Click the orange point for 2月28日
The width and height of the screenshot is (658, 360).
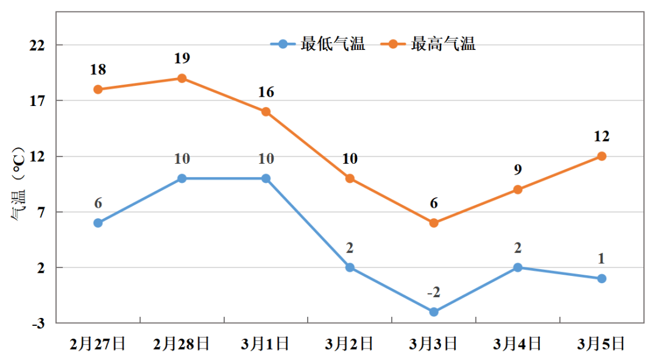pyautogui.click(x=182, y=79)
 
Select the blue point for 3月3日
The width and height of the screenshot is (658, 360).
pyautogui.click(x=434, y=312)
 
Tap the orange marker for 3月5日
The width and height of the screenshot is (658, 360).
pyautogui.click(x=601, y=157)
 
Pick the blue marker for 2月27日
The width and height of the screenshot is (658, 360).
pyautogui.click(x=98, y=223)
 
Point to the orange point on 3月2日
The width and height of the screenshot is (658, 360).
pyautogui.click(x=350, y=178)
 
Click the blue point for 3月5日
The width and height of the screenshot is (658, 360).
pyautogui.click(x=601, y=278)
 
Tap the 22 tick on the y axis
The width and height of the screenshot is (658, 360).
pyautogui.click(x=38, y=45)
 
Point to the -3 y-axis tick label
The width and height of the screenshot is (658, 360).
pyautogui.click(x=38, y=323)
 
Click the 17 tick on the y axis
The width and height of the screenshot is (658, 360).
pyautogui.click(x=38, y=101)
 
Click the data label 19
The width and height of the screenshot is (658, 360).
pyautogui.click(x=182, y=58)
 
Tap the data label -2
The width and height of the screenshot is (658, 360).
pyautogui.click(x=433, y=293)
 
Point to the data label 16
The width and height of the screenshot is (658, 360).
pyautogui.click(x=266, y=93)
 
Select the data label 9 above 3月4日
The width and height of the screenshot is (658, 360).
pyautogui.click(x=517, y=170)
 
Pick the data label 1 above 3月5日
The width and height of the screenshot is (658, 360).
pyautogui.click(x=601, y=259)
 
